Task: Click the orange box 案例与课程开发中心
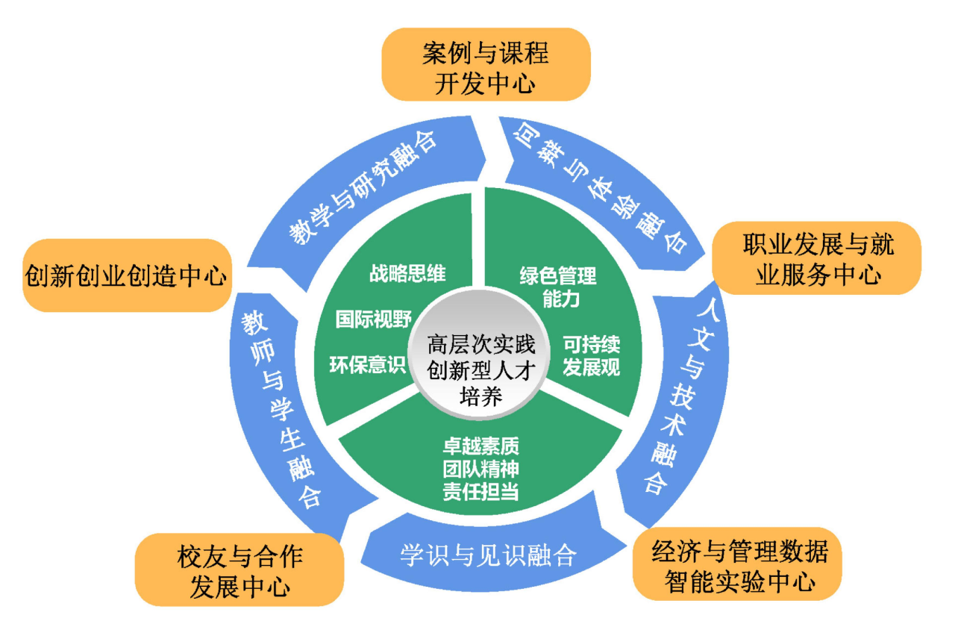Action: [x=486, y=64]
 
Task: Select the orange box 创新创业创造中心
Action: [x=126, y=275]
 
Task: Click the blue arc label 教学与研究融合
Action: [x=363, y=187]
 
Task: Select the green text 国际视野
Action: [x=373, y=319]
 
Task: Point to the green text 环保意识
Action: [x=367, y=365]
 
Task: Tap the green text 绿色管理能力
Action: [x=558, y=287]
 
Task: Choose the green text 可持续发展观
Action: [x=591, y=356]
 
